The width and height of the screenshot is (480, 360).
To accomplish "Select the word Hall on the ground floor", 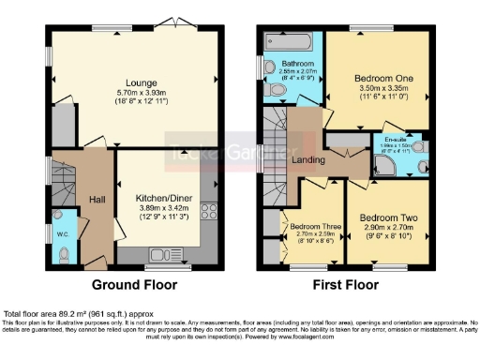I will point(97,200).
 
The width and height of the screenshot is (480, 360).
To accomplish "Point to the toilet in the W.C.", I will point(63,251).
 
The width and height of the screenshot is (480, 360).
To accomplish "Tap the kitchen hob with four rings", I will point(213,213).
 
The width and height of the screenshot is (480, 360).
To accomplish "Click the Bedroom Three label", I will point(311,226).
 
